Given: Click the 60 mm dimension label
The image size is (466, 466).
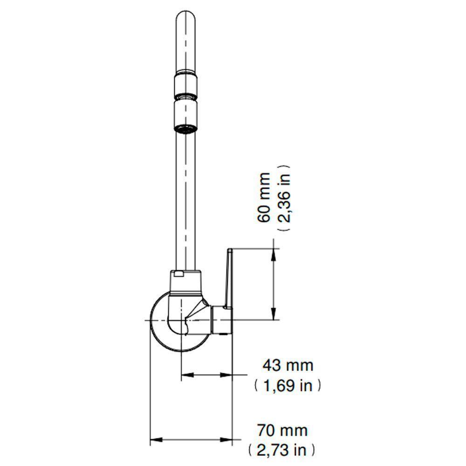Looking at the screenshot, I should (264, 198).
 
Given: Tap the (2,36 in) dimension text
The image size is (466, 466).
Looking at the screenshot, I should (284, 198).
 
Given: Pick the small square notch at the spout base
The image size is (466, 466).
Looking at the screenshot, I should (178, 274).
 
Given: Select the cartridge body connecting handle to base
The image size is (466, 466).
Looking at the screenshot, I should (221, 321).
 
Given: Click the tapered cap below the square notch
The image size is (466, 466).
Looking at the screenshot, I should (185, 285).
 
